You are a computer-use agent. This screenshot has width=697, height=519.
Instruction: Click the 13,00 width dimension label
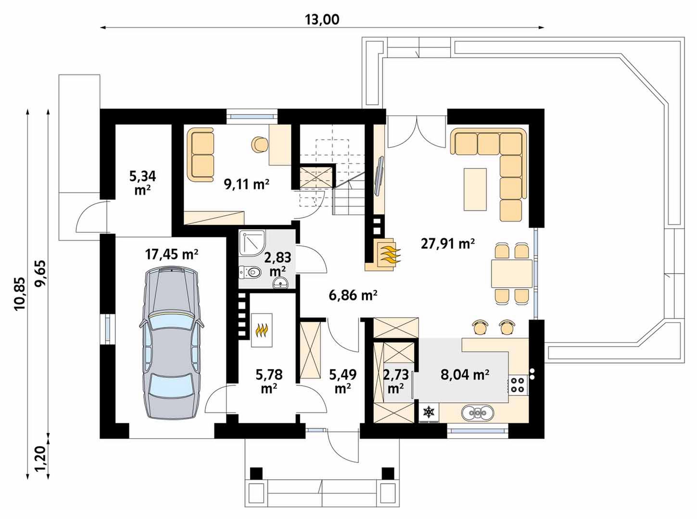[x=322, y=20]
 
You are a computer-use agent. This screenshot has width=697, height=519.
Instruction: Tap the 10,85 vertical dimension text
[x=19, y=294]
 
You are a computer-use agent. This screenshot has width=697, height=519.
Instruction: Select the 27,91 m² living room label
[x=448, y=244]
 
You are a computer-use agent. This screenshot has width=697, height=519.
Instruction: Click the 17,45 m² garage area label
[x=171, y=254]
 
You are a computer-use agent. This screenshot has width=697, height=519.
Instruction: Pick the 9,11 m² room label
[x=247, y=184]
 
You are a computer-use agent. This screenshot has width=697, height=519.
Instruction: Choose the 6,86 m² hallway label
[x=353, y=296]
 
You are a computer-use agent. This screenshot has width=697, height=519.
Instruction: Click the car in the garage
[x=171, y=344]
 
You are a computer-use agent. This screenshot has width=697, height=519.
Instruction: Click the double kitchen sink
[x=478, y=413]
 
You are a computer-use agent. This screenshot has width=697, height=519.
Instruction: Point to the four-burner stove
[x=518, y=384]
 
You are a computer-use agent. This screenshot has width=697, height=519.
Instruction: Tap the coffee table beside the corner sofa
[x=475, y=189]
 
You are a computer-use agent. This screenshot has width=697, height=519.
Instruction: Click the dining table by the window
[x=511, y=273]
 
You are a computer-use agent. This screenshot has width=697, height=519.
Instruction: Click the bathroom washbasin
[x=280, y=282]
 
